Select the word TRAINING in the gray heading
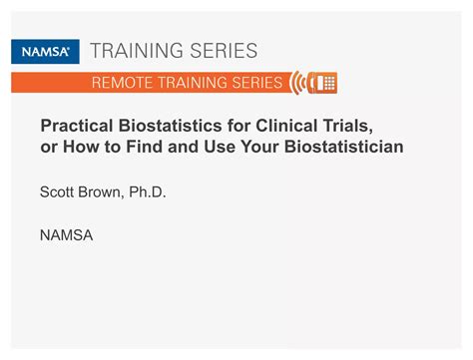point(146,51)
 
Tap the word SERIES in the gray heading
point(227,51)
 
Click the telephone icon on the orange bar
point(323,82)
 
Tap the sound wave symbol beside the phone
point(299,82)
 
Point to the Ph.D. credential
point(147,192)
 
